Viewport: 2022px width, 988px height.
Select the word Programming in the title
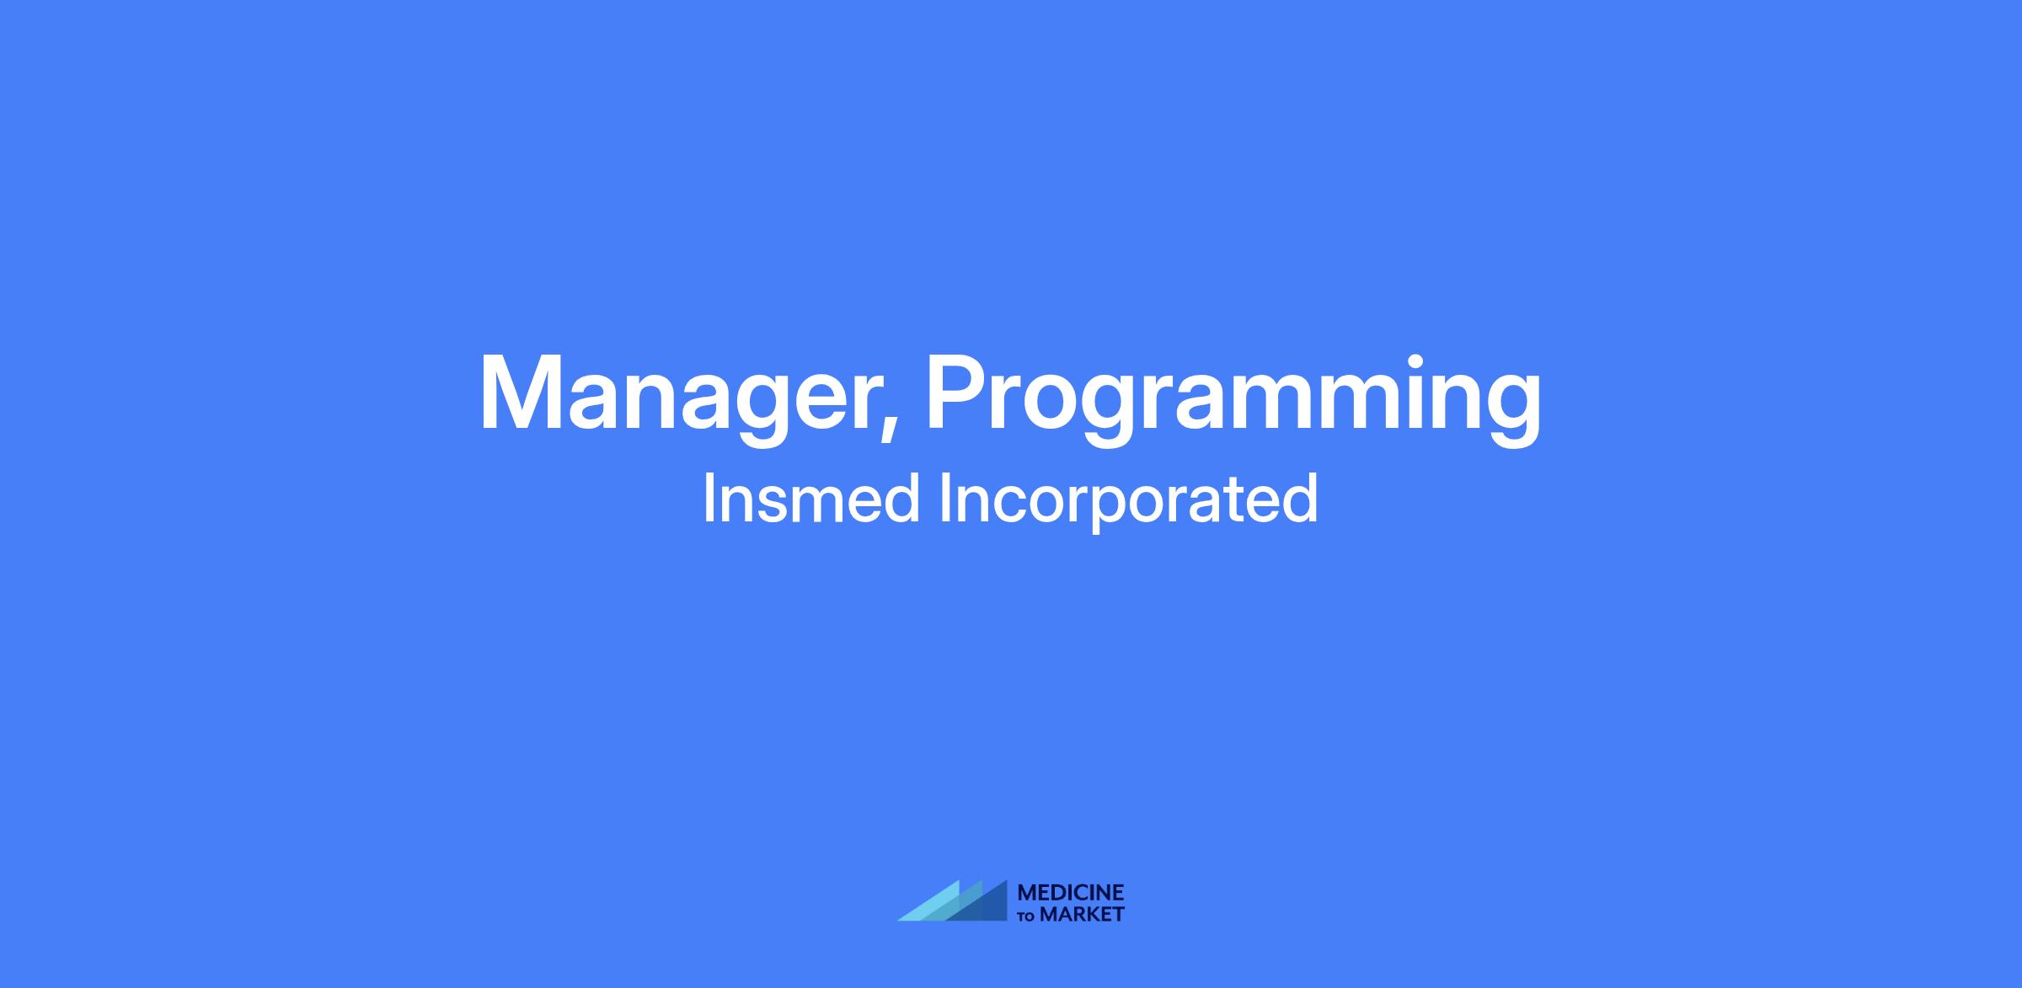[x=1233, y=396]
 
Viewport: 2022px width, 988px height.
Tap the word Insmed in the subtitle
[x=811, y=499]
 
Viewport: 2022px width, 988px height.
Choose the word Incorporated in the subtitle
[x=1128, y=502]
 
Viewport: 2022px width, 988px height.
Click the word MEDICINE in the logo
[x=1071, y=893]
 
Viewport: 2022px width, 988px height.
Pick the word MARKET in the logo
[x=1083, y=914]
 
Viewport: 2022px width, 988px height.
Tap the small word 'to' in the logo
[x=1026, y=916]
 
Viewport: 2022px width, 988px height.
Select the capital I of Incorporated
[x=944, y=499]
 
